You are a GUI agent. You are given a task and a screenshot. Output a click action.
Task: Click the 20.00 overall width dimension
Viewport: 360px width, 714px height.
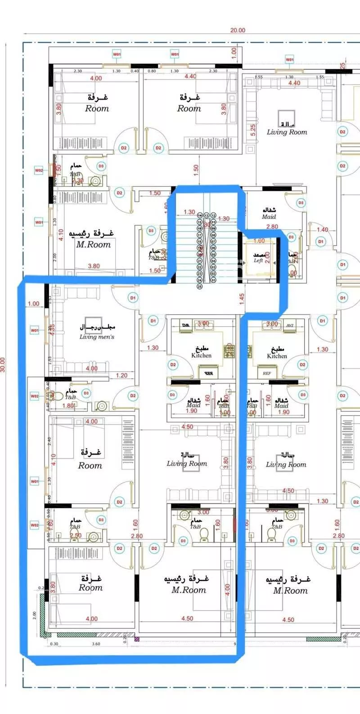click(x=238, y=30)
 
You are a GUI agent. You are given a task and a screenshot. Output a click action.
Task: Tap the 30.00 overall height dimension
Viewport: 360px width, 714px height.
click(x=4, y=365)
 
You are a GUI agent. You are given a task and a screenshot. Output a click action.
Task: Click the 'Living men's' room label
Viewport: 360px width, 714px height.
click(x=97, y=337)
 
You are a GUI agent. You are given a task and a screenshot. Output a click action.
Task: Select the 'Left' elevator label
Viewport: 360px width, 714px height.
click(x=258, y=261)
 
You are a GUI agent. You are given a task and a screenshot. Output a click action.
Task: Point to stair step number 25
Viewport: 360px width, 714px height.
click(x=200, y=286)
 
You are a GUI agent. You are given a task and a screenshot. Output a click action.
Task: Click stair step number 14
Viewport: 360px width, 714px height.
click(x=200, y=216)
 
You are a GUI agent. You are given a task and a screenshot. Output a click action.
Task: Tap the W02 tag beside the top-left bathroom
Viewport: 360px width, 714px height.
click(x=39, y=170)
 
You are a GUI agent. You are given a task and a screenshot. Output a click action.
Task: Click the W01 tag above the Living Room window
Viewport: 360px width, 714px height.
click(x=290, y=59)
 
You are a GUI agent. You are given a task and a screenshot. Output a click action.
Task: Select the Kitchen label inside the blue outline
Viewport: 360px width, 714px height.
click(x=201, y=355)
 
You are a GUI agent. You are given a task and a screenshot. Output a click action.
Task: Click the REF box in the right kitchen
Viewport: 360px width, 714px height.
click(x=266, y=374)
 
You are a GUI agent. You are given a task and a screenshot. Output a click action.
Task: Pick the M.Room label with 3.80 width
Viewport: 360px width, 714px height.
click(x=93, y=244)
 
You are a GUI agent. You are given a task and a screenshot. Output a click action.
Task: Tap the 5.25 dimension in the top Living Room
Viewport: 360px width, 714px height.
click(x=253, y=130)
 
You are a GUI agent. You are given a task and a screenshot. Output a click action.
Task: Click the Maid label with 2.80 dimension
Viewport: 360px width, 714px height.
click(x=269, y=217)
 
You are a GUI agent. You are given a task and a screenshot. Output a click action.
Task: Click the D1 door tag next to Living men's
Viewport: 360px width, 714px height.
click(x=133, y=298)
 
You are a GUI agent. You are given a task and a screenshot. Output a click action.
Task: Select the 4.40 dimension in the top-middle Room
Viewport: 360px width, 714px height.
click(x=190, y=77)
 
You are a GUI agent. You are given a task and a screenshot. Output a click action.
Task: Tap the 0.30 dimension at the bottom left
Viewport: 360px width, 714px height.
click(x=54, y=644)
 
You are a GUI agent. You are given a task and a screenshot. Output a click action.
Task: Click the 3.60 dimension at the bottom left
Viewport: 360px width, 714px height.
click(x=95, y=644)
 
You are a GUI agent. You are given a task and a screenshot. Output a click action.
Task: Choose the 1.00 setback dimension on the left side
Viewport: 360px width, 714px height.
click(x=33, y=304)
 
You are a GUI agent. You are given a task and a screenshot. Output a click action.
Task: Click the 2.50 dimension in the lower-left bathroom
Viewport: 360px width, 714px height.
click(x=76, y=536)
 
